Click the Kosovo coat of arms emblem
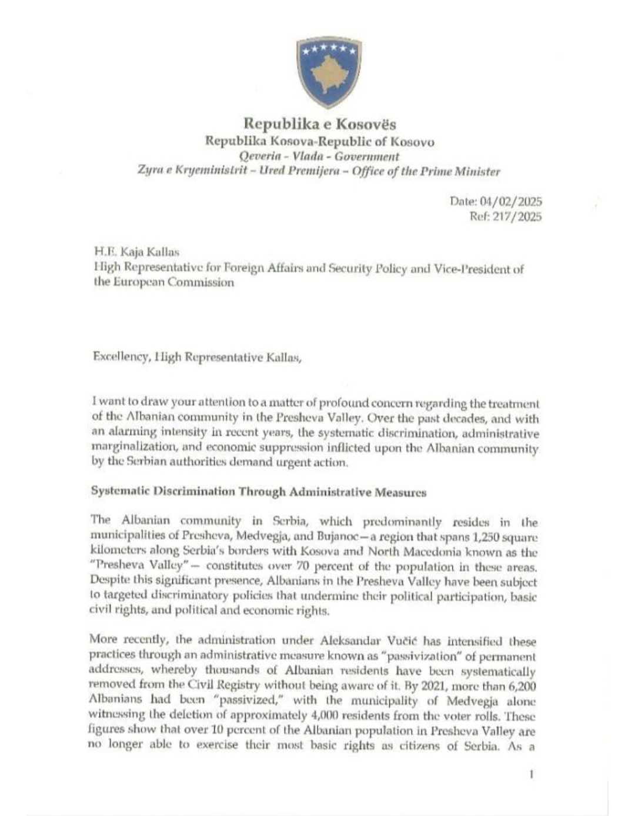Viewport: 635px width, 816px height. pos(328,72)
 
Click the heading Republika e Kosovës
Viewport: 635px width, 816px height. pos(320,124)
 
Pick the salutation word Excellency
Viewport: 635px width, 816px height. pos(121,357)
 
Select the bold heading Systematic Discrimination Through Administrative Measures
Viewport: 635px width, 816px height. pos(259,492)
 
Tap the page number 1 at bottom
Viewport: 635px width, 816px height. pos(532,775)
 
